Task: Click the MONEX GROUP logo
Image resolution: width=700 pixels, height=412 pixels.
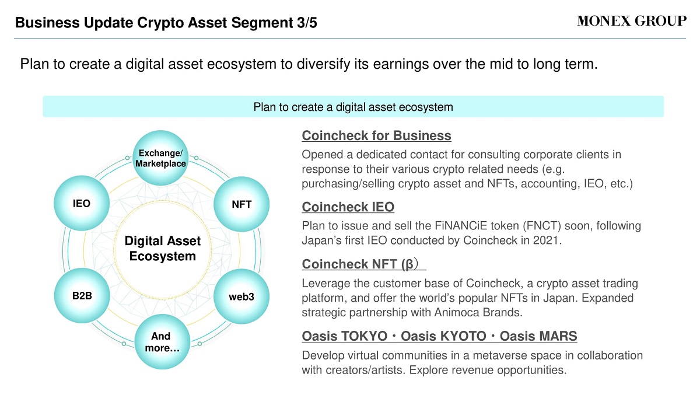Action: (632, 21)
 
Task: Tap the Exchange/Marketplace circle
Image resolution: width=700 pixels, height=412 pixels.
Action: (160, 158)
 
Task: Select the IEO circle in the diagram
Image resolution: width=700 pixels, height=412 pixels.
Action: (82, 203)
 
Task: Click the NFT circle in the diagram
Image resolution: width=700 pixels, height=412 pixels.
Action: (242, 204)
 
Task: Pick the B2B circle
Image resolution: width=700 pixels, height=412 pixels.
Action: (82, 295)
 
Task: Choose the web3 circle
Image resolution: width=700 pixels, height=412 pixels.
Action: (242, 296)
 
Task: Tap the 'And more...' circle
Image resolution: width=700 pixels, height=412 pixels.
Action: (162, 341)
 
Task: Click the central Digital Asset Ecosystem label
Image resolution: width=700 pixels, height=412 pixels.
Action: (163, 249)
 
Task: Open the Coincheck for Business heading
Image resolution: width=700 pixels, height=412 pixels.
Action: (377, 135)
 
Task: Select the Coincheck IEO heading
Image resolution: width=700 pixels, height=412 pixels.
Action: (348, 207)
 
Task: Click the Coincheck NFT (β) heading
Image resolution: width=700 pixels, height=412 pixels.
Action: (360, 264)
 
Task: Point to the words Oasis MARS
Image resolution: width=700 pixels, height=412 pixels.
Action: (538, 336)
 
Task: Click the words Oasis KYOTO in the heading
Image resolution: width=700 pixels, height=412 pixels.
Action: (443, 336)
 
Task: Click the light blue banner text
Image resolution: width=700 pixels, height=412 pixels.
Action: (353, 107)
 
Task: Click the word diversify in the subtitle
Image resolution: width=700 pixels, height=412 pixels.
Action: (323, 64)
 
